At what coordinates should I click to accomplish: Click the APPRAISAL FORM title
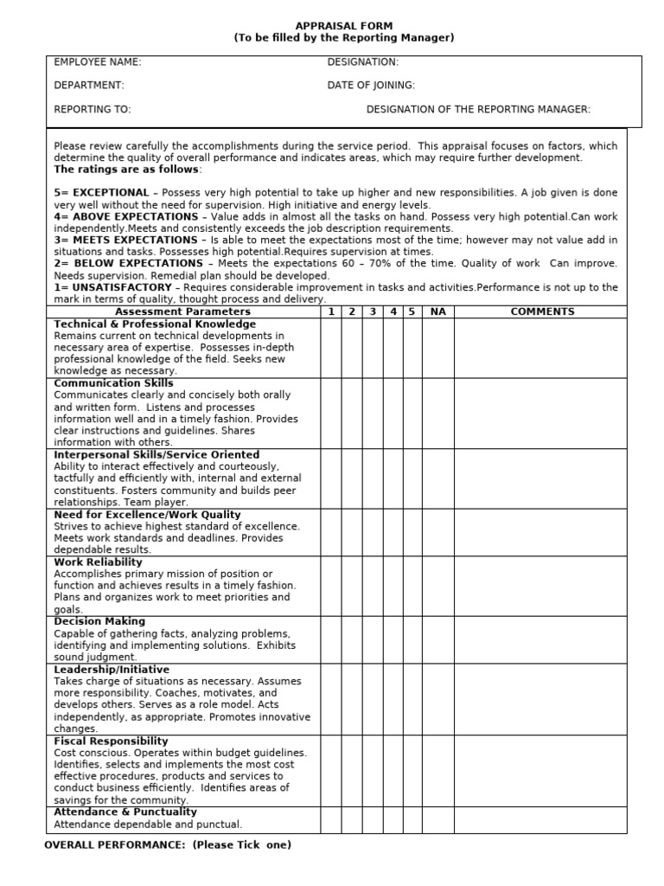(343, 26)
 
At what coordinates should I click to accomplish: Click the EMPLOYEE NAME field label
(98, 62)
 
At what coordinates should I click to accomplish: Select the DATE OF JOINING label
(371, 86)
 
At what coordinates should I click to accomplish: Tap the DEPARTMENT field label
(89, 86)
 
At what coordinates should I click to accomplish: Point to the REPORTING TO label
(93, 110)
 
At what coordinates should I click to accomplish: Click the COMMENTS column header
(541, 311)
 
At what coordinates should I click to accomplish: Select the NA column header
(437, 311)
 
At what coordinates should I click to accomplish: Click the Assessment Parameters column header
(182, 311)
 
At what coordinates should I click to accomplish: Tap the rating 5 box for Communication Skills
(412, 413)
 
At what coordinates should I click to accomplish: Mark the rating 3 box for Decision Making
(372, 639)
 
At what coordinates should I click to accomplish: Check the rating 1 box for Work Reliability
(331, 586)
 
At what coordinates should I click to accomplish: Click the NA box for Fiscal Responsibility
(437, 770)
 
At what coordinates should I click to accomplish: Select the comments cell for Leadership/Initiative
(541, 699)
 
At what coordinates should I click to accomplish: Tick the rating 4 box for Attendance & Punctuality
(393, 819)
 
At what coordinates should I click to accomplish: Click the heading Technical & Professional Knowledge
(155, 324)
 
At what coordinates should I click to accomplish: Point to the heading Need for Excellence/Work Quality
(147, 514)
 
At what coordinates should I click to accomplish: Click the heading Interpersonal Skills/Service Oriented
(156, 454)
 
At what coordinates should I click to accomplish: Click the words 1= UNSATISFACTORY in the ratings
(107, 287)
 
